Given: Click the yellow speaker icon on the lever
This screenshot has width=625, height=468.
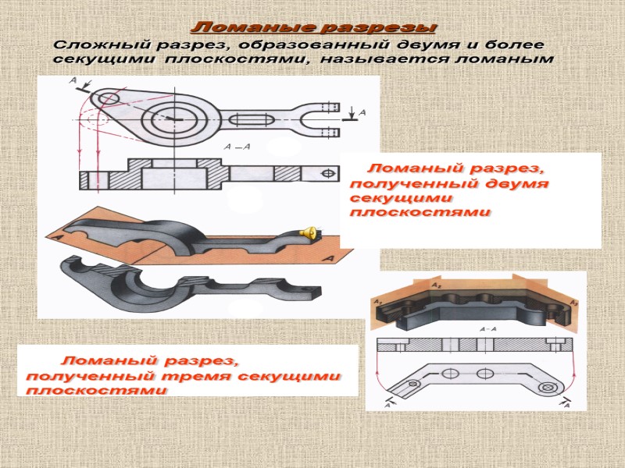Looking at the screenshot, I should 309,231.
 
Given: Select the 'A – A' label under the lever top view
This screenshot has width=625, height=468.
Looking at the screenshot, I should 237,147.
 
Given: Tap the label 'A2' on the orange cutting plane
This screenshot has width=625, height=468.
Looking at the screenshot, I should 434,286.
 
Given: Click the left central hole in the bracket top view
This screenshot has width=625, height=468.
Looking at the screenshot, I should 451,374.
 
